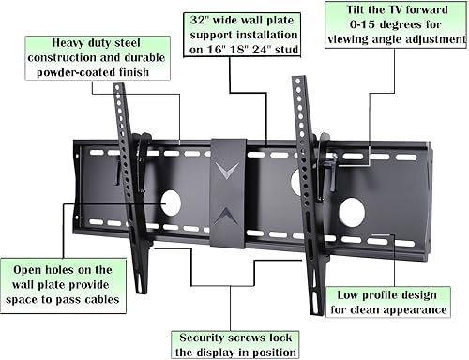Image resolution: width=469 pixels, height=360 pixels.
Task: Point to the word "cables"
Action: point(97,301)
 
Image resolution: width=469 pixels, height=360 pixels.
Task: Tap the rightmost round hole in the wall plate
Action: point(352,210)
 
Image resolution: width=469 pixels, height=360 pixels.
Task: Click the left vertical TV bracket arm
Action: point(129,178)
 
